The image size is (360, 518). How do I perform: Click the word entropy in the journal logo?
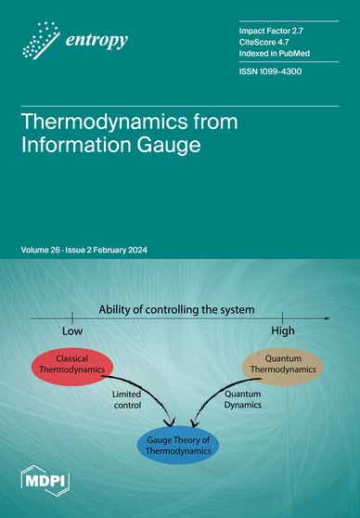[x=96, y=40]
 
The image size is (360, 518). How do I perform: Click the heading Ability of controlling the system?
[x=204, y=307]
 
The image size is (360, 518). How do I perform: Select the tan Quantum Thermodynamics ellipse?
[x=284, y=363]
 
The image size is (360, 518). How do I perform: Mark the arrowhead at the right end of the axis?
[x=326, y=318]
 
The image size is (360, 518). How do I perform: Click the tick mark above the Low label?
[x=73, y=318]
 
